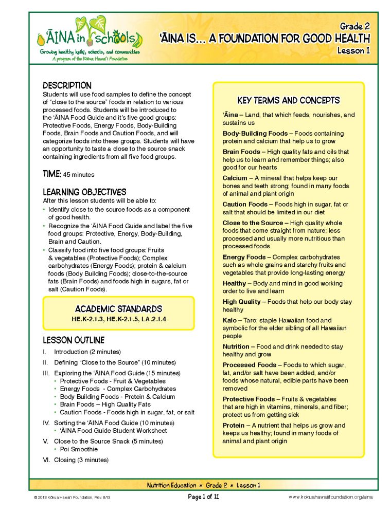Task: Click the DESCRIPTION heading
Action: coord(67,85)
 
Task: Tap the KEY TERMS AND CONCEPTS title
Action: coord(288,100)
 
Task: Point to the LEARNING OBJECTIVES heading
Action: coord(84,192)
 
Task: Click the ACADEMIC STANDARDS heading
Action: coord(118,309)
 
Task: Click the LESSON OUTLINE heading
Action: coord(73,340)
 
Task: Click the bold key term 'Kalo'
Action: coord(229,320)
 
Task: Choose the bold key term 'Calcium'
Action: coord(235,178)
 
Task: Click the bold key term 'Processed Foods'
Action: coord(250,365)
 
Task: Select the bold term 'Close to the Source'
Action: coord(253,223)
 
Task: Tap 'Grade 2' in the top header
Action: coord(355,26)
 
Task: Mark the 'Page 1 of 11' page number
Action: coord(203,497)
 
